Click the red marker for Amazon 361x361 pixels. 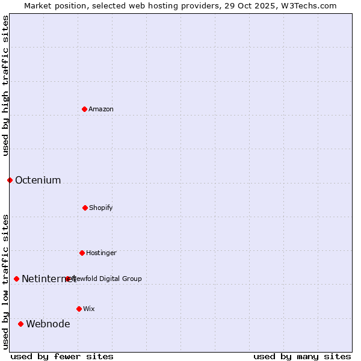point(84,109)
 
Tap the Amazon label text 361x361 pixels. point(101,109)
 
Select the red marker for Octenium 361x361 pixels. point(10,180)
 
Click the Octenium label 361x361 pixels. point(38,180)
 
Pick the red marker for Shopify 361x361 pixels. point(85,208)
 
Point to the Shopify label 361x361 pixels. point(101,208)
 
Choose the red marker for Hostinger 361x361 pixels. point(82,253)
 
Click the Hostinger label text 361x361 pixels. point(101,253)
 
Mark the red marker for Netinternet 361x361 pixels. point(16,279)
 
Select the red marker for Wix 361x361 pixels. point(79,309)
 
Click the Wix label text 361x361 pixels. point(89,309)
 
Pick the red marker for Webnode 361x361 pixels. point(20,324)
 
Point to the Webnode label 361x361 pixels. point(48,324)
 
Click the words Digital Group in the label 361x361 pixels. point(120,279)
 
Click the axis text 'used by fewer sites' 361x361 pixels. point(62,356)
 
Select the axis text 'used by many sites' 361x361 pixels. point(302,356)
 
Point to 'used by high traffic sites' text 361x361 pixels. point(5,85)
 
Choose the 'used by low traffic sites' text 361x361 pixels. point(5,282)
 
